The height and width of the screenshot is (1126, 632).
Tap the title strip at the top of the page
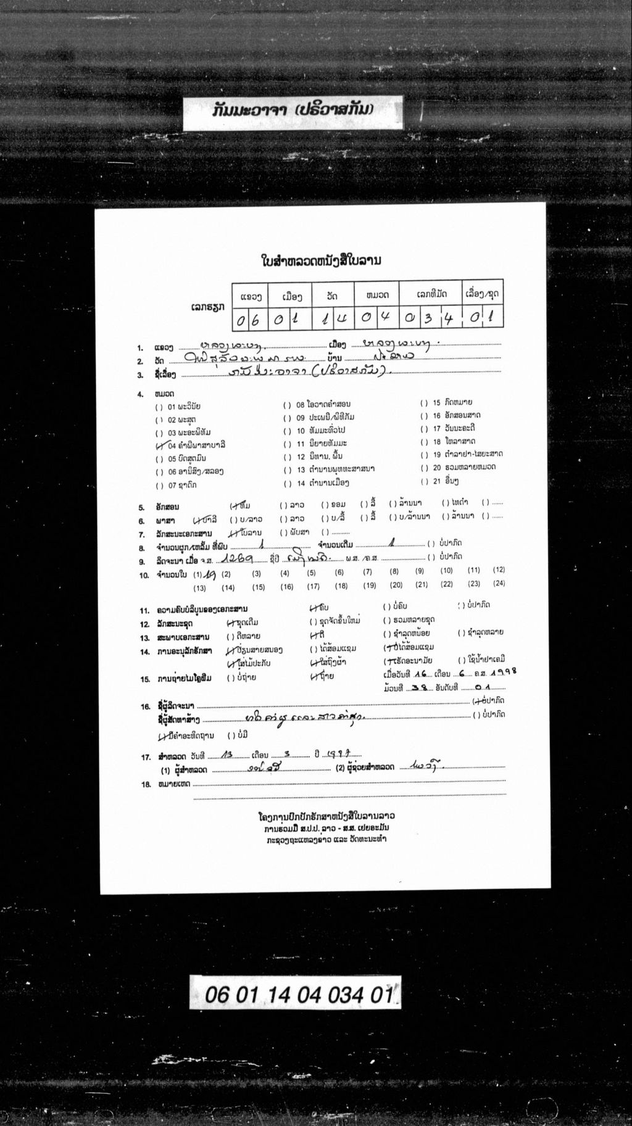pos(293,111)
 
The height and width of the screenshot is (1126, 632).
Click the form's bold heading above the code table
pos(322,260)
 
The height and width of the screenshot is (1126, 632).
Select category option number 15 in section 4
pos(452,403)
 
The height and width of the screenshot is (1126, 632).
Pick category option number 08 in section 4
pos(318,405)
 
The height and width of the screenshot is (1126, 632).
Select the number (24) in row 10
pos(498,583)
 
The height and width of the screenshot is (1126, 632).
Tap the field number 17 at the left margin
pos(146,757)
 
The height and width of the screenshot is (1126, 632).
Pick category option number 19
pos(462,455)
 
